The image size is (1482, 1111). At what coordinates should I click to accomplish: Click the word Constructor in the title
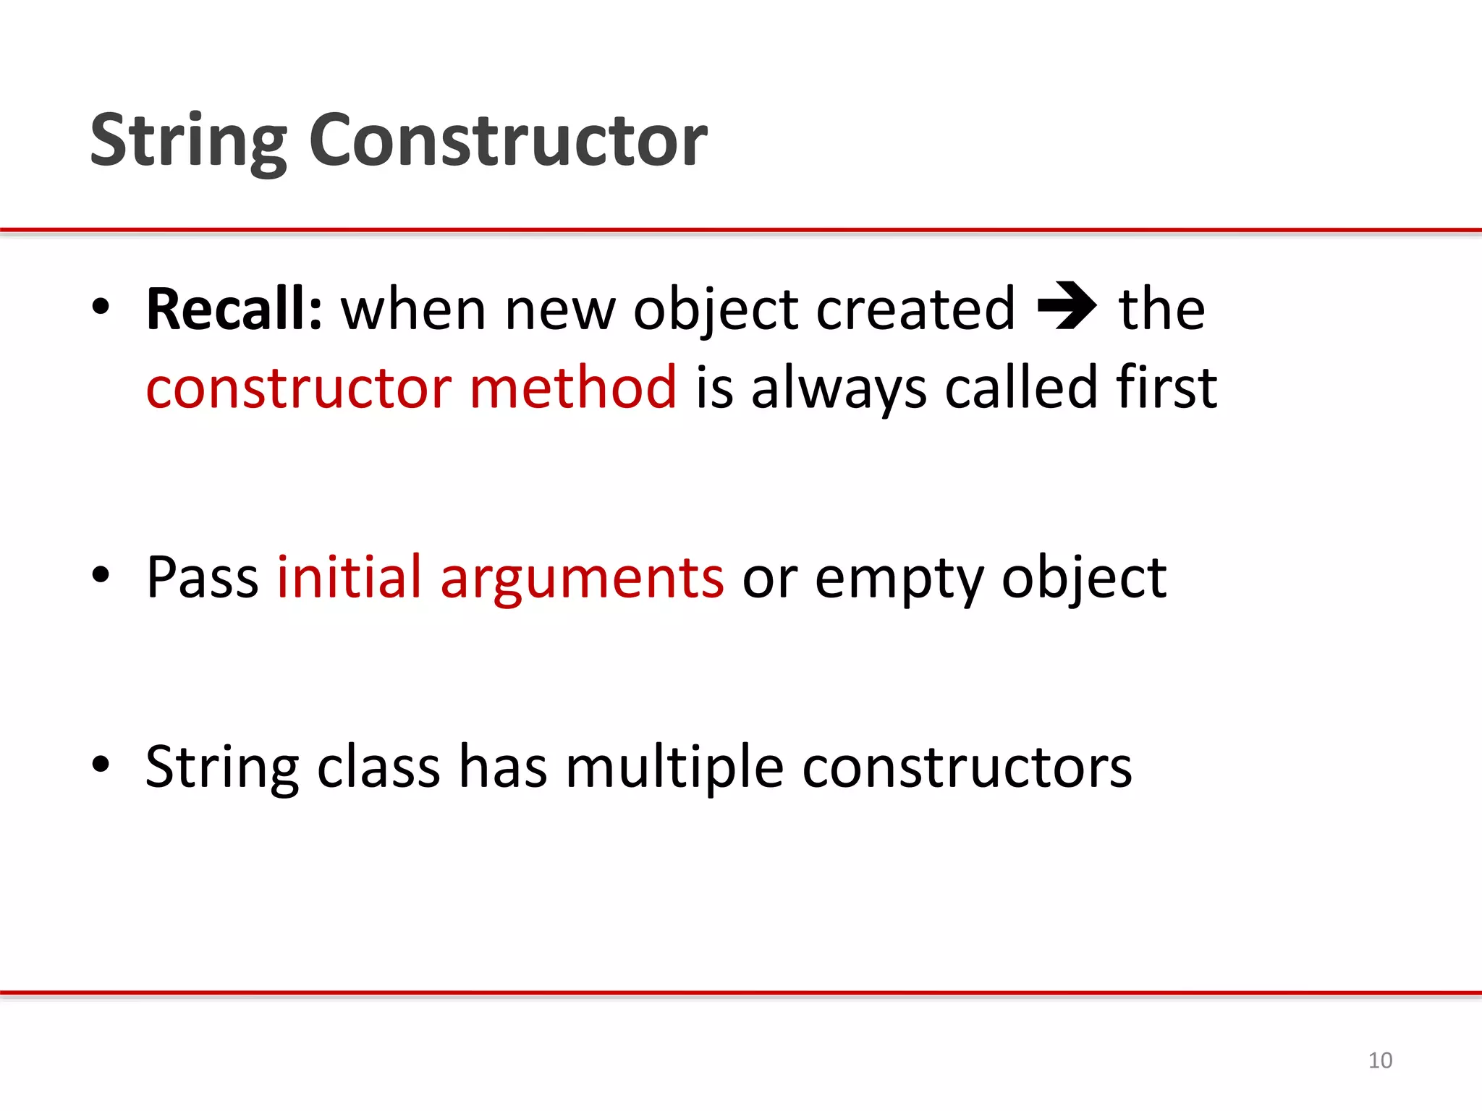(x=508, y=140)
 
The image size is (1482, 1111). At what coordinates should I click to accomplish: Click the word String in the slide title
(x=189, y=142)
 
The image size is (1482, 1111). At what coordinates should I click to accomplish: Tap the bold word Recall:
(x=234, y=309)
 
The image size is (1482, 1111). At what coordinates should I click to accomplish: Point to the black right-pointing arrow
(x=1067, y=306)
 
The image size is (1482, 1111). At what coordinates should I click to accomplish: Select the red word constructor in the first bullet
(x=299, y=388)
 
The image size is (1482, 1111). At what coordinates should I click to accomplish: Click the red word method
(x=573, y=388)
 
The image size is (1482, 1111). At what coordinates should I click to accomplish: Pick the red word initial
(x=349, y=577)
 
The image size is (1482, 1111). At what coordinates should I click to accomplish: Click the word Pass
(x=202, y=577)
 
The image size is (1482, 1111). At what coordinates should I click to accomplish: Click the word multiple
(x=674, y=767)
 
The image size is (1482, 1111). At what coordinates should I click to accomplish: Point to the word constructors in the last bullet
(x=967, y=767)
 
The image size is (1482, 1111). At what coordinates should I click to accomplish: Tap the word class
(x=378, y=767)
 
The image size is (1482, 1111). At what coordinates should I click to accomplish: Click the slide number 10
(x=1380, y=1060)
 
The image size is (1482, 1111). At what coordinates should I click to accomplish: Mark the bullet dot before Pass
(x=101, y=575)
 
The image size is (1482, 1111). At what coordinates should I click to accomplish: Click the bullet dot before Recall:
(x=101, y=307)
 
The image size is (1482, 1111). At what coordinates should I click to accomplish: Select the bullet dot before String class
(x=101, y=764)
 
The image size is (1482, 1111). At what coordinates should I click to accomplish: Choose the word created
(x=915, y=309)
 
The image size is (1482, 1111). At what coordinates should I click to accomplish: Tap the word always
(x=839, y=388)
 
